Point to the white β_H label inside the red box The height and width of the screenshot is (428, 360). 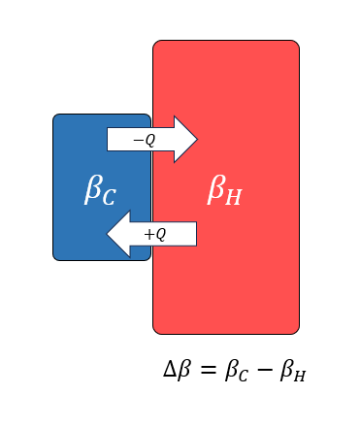(x=225, y=190)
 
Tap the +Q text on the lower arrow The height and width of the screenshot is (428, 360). (x=155, y=234)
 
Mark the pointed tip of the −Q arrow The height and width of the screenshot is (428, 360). (x=196, y=140)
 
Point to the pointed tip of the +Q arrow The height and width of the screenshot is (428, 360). (x=109, y=234)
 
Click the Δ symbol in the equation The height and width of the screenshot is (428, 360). (x=171, y=370)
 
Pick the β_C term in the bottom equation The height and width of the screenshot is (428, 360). (x=239, y=372)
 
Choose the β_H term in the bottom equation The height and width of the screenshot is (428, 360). (x=294, y=372)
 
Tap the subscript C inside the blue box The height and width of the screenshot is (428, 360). (x=108, y=197)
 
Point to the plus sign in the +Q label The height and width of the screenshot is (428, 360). (x=148, y=234)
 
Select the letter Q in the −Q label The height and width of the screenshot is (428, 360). (x=149, y=140)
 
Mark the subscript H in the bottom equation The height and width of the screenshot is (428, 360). (x=301, y=377)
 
